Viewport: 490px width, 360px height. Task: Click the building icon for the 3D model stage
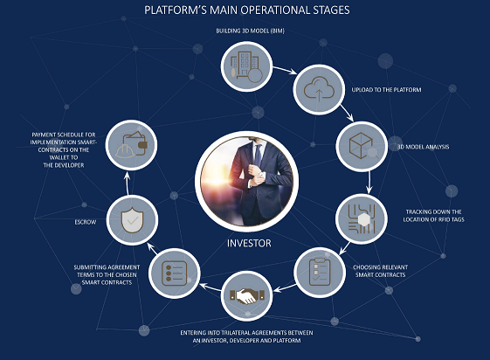246,67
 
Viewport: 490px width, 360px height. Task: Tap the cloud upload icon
319,90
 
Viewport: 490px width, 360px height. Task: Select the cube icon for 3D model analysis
362,146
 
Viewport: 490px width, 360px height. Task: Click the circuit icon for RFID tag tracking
362,219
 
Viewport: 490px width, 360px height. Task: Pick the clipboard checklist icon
320,273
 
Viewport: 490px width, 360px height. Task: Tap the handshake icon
247,296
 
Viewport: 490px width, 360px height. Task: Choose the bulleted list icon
175,273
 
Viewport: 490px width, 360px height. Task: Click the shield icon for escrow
132,220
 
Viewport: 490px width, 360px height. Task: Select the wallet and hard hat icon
131,145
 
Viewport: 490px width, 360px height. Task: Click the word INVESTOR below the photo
249,243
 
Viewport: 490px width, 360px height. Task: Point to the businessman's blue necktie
258,155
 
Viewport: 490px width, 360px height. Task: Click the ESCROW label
86,222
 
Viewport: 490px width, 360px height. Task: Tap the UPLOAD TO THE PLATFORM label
386,90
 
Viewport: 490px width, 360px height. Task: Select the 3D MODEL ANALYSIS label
423,147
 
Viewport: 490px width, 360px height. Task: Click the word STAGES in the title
332,10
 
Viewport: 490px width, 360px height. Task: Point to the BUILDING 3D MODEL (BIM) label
251,31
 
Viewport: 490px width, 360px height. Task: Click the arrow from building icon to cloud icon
285,70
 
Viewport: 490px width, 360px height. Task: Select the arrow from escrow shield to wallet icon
127,183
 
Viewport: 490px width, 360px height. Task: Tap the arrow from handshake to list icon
210,287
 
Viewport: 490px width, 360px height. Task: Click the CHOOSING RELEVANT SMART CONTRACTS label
380,271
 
